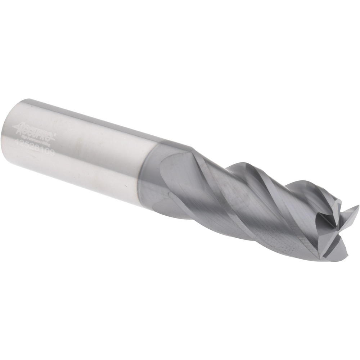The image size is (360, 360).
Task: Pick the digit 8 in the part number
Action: [x=37, y=148]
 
